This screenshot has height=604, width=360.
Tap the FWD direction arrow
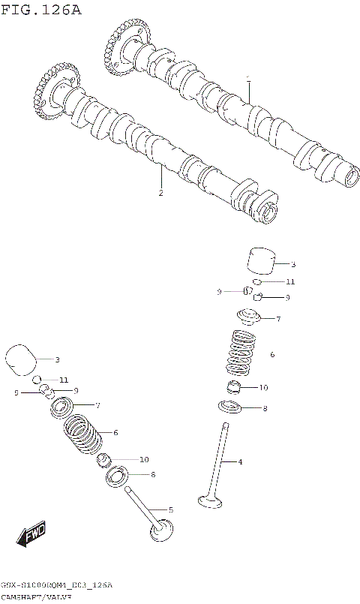pyautogui.click(x=32, y=536)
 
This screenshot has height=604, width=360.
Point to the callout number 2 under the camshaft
pyautogui.click(x=160, y=193)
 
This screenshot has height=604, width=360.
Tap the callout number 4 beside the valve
pyautogui.click(x=240, y=461)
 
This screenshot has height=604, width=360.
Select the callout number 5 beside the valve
pyautogui.click(x=170, y=509)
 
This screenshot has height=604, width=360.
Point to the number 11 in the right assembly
pyautogui.click(x=289, y=281)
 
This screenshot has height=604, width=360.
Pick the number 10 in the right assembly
pyautogui.click(x=262, y=388)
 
